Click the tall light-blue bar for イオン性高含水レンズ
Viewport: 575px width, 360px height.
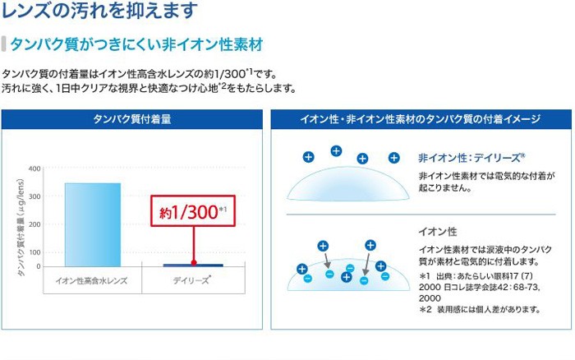coord(93,224)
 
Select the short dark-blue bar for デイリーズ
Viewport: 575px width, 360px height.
coord(193,265)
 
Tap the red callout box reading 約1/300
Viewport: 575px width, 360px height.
coord(193,210)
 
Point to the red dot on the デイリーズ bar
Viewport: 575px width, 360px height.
coord(194,263)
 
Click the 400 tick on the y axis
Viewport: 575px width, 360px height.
coord(34,168)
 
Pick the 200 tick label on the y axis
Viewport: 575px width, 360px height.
coord(34,224)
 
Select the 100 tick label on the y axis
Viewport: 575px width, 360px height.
coord(34,252)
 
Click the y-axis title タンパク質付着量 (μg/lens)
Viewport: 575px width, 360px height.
coord(21,228)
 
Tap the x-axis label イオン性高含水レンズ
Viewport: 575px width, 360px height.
coord(91,281)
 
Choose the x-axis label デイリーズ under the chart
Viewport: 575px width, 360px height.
coord(191,281)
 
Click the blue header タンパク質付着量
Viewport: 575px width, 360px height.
coord(132,119)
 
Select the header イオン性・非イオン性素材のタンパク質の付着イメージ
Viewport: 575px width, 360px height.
coord(421,119)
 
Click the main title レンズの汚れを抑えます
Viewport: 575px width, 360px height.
coord(99,10)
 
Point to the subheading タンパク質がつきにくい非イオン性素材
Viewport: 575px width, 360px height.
coord(136,44)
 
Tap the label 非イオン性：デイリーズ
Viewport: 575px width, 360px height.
coord(471,158)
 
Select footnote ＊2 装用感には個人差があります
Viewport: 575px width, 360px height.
coord(480,309)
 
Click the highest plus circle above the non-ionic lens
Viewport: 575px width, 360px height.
coord(336,151)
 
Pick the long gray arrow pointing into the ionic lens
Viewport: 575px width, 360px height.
coord(367,262)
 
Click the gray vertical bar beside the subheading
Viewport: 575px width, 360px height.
coord(3,44)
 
